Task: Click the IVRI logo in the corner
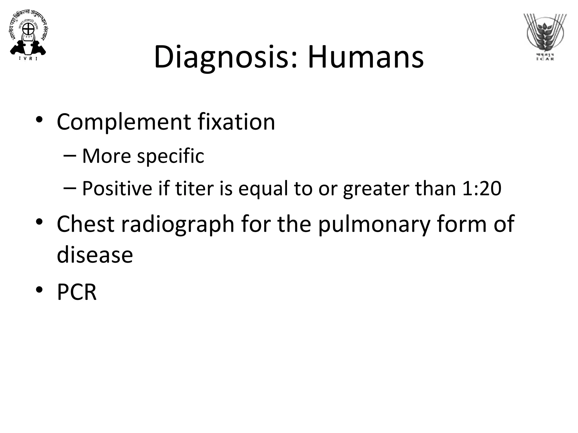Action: (x=28, y=36)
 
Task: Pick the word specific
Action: (x=170, y=156)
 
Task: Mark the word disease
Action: (x=95, y=255)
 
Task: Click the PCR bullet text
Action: (x=77, y=292)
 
